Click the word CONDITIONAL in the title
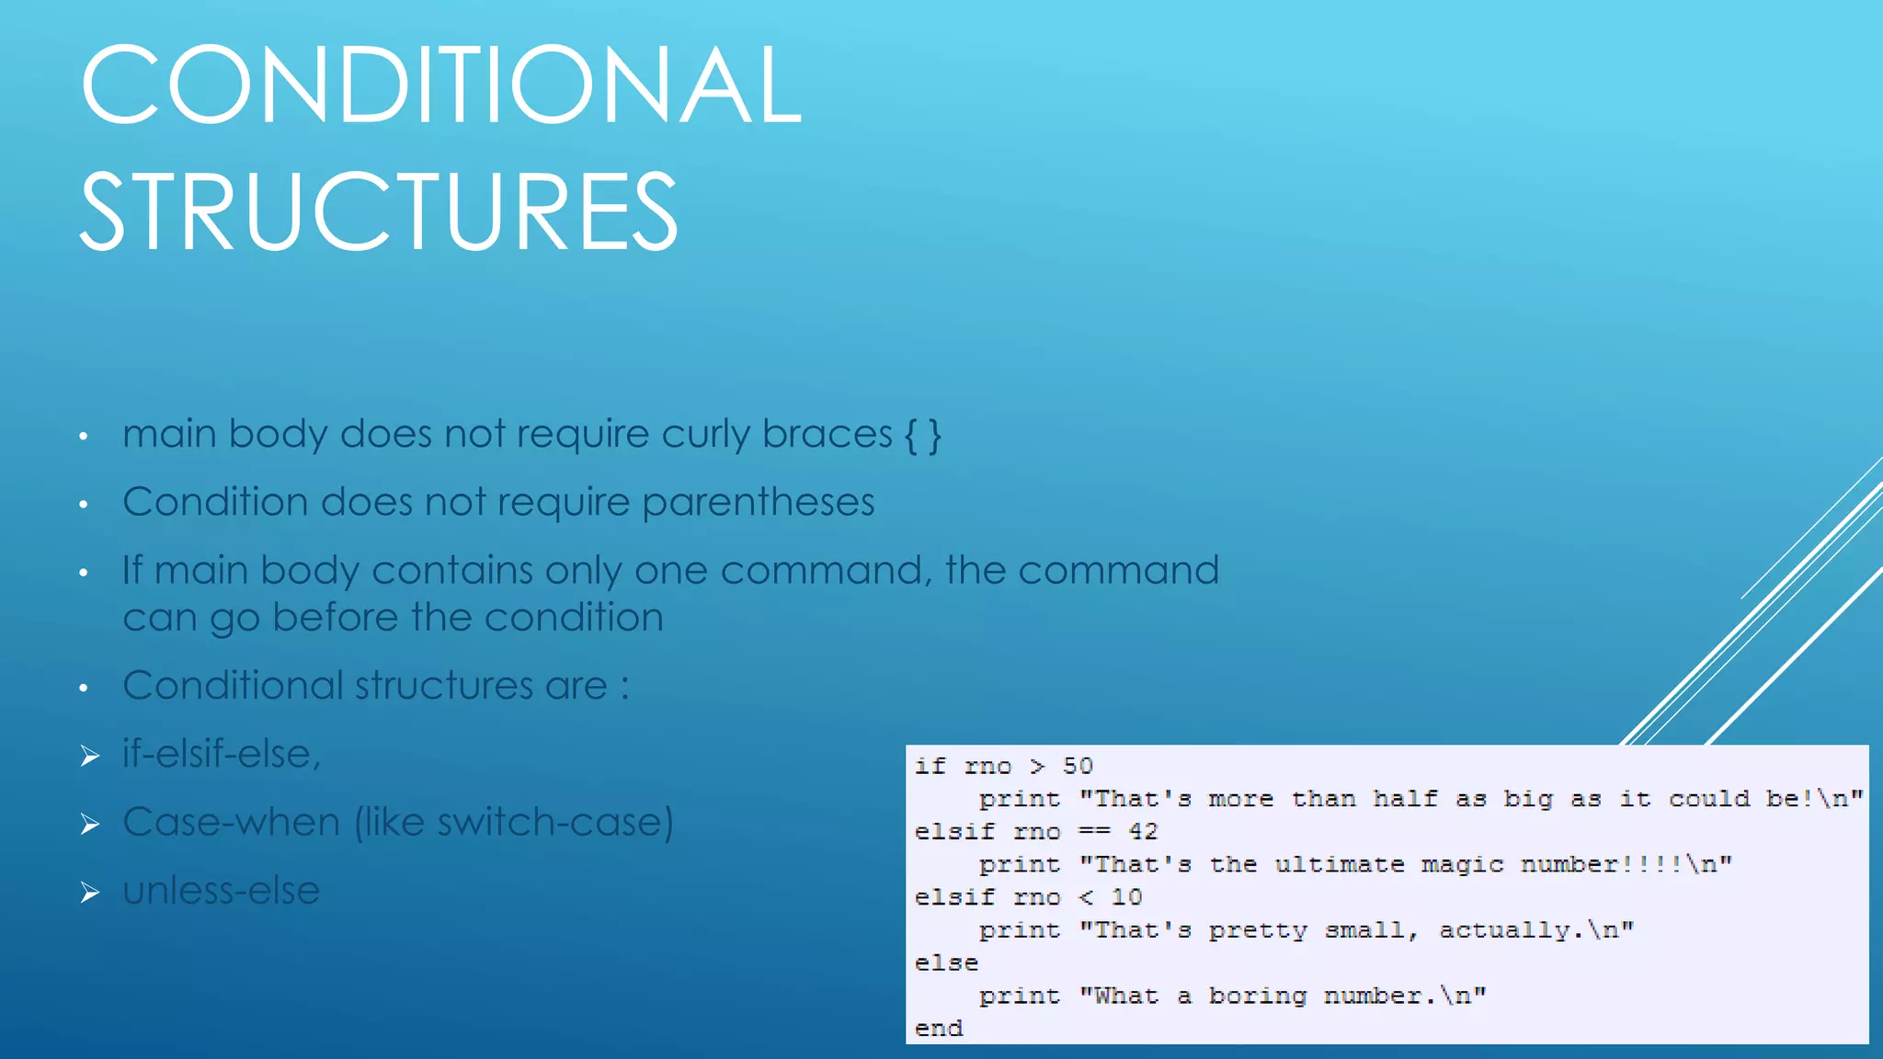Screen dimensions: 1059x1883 pos(441,85)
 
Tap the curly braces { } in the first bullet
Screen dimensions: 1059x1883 pos(922,435)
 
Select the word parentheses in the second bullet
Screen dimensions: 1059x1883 pos(758,503)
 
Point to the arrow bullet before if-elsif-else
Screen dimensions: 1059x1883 pos(89,757)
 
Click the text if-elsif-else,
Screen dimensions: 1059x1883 pos(222,754)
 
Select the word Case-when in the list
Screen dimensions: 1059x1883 pos(231,822)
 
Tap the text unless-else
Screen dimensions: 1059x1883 pos(221,890)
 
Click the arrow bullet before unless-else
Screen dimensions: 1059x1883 pos(89,893)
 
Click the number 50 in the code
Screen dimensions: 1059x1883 pos(1078,766)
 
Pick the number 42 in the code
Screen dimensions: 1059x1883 pos(1143,831)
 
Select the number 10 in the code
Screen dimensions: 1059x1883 pos(1126,896)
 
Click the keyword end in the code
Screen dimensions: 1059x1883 pos(939,1028)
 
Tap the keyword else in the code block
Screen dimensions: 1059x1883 pos(946,962)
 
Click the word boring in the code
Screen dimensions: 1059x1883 pos(1257,996)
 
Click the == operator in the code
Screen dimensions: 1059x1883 pos(1094,831)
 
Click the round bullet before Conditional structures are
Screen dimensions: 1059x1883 pos(84,688)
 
